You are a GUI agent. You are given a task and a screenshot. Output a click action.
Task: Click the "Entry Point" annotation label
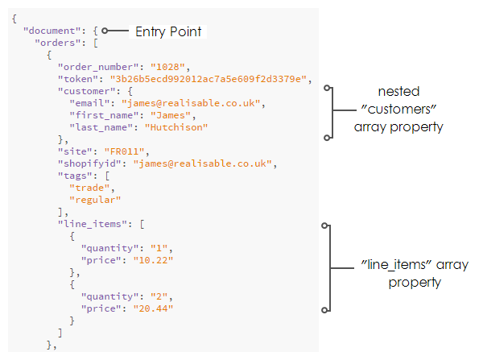click(168, 31)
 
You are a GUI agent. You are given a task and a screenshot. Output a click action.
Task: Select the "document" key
click(52, 31)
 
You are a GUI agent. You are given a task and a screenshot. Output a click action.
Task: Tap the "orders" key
click(58, 43)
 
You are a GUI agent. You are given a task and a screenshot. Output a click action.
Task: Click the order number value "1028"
click(167, 67)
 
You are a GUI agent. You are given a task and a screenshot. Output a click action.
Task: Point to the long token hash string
click(208, 79)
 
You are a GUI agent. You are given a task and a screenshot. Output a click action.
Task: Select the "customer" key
click(87, 91)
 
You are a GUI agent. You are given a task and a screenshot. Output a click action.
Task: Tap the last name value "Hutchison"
click(176, 127)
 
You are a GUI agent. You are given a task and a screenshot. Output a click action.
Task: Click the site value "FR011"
click(124, 151)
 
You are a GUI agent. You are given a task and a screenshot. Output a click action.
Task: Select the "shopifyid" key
click(89, 163)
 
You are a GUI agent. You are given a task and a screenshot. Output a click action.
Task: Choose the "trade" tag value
click(89, 188)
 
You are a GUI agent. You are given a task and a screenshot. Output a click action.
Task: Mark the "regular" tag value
click(95, 200)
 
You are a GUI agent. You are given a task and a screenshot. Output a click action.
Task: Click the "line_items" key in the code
click(93, 224)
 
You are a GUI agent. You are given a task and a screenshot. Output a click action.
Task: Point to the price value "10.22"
click(153, 260)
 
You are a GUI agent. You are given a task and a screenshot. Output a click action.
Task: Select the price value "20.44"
click(153, 308)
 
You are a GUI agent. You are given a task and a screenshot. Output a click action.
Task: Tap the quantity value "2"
click(159, 296)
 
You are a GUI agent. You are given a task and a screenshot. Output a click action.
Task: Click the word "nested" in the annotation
click(398, 91)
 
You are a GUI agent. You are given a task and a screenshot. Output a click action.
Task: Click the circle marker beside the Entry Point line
click(105, 31)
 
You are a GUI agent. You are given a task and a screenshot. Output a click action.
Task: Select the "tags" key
click(75, 176)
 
